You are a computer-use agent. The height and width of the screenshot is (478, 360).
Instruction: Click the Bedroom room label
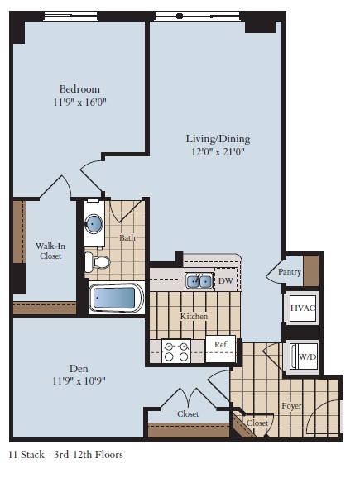pyautogui.click(x=79, y=89)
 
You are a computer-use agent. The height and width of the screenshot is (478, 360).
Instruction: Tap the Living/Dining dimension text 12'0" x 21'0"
pyautogui.click(x=217, y=152)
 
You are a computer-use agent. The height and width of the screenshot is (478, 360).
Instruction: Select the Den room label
pyautogui.click(x=79, y=367)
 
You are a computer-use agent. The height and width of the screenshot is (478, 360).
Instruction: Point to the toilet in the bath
pyautogui.click(x=100, y=262)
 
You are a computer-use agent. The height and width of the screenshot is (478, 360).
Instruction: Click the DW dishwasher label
pyautogui.click(x=224, y=281)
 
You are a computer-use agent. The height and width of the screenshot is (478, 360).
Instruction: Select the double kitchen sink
pyautogui.click(x=198, y=281)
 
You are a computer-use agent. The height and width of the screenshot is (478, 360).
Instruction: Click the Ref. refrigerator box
pyautogui.click(x=221, y=345)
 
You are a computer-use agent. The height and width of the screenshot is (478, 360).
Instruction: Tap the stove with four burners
pyautogui.click(x=175, y=351)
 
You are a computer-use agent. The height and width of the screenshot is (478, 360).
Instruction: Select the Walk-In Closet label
pyautogui.click(x=49, y=251)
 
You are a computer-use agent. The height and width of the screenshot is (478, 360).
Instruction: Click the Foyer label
pyautogui.click(x=291, y=406)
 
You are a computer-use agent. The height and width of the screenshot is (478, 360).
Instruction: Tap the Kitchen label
pyautogui.click(x=194, y=317)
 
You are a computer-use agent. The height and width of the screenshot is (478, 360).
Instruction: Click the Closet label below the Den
pyautogui.click(x=187, y=413)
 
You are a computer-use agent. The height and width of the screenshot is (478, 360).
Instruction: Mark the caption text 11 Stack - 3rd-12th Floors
pyautogui.click(x=65, y=454)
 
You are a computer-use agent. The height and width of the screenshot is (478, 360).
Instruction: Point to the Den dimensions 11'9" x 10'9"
pyautogui.click(x=79, y=381)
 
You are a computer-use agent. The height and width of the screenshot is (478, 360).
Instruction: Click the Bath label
pyautogui.click(x=127, y=238)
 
